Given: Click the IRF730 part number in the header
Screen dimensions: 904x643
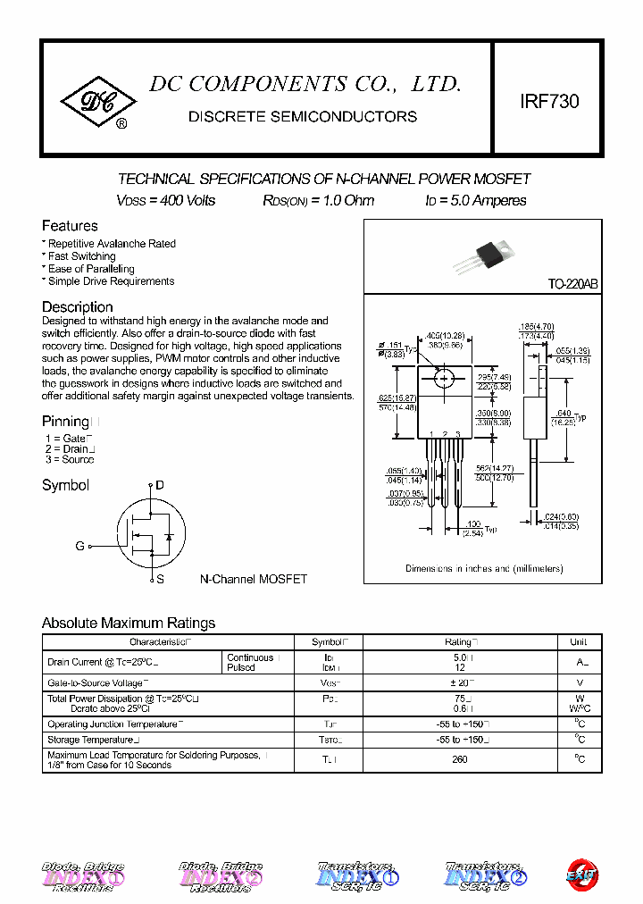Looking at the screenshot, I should point(549,102).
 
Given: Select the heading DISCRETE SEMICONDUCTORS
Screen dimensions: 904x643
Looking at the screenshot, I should point(303,117).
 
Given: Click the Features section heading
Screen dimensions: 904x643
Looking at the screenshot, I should point(70,226).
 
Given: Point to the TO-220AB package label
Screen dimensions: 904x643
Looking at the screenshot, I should point(572,284).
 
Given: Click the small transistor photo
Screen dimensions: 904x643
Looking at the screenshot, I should point(482,253).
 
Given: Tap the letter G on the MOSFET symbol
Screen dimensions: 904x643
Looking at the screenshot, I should point(79,546).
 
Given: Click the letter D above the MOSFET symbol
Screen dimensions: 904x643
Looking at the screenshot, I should point(160,485).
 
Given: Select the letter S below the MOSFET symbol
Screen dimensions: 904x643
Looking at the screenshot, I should point(160,580).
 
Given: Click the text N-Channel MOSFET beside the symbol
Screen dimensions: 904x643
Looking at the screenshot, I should point(253,580).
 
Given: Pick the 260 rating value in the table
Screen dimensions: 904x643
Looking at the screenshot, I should point(460,759).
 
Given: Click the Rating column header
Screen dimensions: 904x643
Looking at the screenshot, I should point(460,641).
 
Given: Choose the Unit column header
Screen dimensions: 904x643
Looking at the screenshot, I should point(578,641).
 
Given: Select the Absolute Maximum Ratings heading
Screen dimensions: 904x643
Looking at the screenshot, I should point(129,624).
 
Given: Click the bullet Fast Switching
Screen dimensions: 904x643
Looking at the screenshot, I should point(81,256).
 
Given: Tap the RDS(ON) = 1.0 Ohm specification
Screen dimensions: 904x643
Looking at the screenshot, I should point(318,201).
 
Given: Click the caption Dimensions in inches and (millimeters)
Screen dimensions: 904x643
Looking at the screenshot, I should point(484,569).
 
